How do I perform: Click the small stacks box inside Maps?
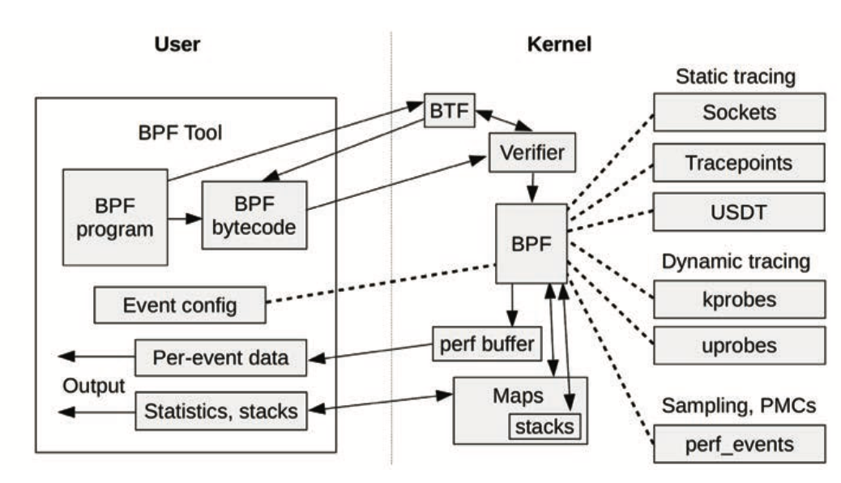click(546, 425)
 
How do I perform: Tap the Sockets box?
click(739, 112)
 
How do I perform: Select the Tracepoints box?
click(739, 163)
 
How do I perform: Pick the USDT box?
click(739, 212)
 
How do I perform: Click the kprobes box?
click(739, 299)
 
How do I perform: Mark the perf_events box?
click(739, 445)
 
